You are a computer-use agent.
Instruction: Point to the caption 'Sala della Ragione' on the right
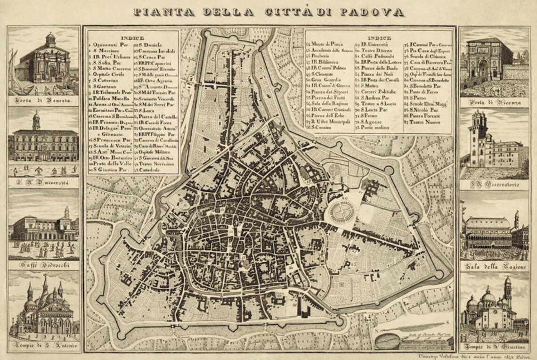coord(494,267)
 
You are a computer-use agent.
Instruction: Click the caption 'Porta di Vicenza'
coord(494,102)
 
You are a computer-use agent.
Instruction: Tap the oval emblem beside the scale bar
coord(387,338)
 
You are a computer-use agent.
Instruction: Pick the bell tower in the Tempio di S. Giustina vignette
coord(507,293)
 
